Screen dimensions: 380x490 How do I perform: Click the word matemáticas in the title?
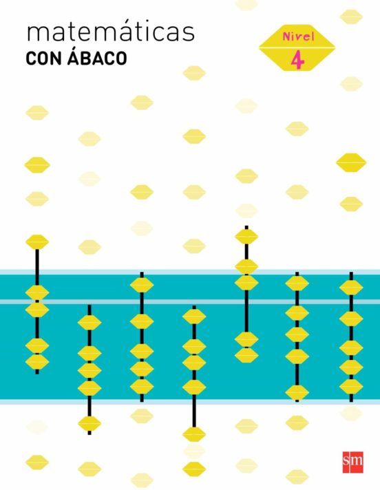pyautogui.click(x=111, y=32)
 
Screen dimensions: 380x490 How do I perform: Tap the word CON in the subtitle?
pyautogui.click(x=43, y=59)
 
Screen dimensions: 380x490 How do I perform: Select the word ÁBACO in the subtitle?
pyautogui.click(x=97, y=57)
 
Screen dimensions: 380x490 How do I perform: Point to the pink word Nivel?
pyautogui.click(x=298, y=36)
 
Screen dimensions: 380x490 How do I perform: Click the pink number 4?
pyautogui.click(x=297, y=61)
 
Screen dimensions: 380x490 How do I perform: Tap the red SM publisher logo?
pyautogui.click(x=353, y=462)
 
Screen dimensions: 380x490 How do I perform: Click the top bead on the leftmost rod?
pyautogui.click(x=37, y=242)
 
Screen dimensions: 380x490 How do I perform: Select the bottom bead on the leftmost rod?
pyautogui.click(x=37, y=362)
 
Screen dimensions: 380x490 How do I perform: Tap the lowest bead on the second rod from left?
pyautogui.click(x=89, y=424)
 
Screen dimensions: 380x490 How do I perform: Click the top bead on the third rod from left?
pyautogui.click(x=142, y=285)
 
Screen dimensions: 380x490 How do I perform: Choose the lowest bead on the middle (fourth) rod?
pyautogui.click(x=194, y=434)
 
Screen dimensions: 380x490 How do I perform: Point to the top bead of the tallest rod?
pyautogui.click(x=246, y=237)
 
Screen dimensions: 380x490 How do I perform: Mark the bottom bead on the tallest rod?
pyautogui.click(x=246, y=355)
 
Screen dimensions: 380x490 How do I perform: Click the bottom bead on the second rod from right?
pyautogui.click(x=297, y=392)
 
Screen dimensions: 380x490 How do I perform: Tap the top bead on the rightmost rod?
pyautogui.click(x=351, y=288)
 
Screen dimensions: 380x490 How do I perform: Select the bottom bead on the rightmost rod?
pyautogui.click(x=351, y=387)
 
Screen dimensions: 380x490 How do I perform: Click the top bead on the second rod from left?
pyautogui.click(x=89, y=323)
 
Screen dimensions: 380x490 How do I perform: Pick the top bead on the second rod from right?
pyautogui.click(x=297, y=284)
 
